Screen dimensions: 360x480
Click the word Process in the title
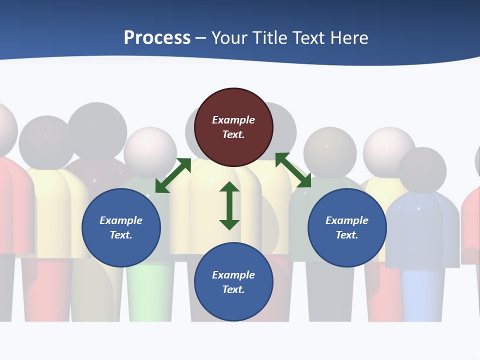157,38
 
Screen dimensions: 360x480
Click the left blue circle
121,227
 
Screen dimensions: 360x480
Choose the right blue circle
347,227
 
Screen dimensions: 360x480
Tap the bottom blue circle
233,281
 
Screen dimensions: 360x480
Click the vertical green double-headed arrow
229,205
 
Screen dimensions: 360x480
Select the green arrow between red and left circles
173,175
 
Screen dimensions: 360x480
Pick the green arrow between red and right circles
293,170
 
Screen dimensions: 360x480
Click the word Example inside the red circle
233,120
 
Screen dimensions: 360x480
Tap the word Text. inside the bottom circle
233,289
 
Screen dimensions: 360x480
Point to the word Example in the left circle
121,220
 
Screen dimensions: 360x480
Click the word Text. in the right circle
347,235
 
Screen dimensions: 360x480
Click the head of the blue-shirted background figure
422,170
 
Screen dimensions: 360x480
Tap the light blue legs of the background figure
422,295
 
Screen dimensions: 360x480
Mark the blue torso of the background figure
422,230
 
